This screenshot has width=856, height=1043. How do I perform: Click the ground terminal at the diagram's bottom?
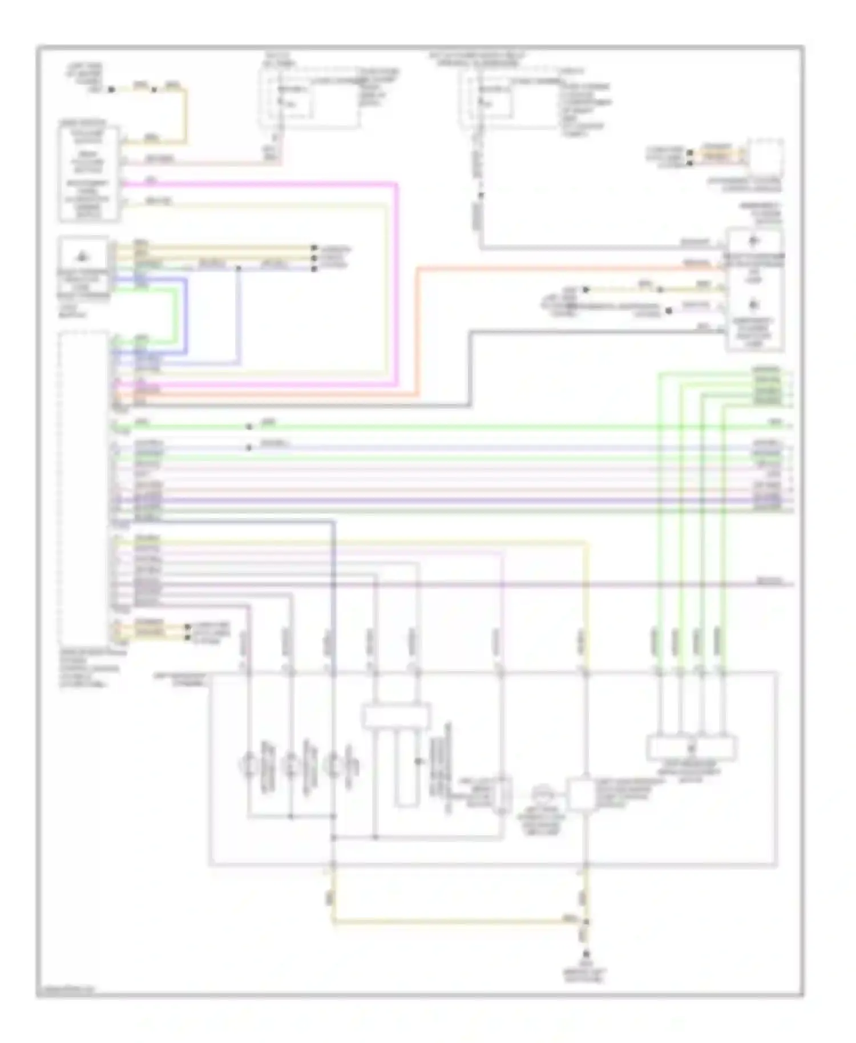586,954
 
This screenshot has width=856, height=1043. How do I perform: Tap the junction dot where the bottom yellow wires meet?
586,921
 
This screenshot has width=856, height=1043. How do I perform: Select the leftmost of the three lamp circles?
249,763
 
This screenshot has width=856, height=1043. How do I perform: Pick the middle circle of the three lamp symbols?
291,763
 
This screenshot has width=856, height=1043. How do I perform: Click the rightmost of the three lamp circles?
333,763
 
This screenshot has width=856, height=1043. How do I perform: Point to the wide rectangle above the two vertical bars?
397,715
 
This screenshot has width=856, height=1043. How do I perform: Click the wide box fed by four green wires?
692,747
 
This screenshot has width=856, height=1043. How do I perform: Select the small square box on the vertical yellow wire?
582,794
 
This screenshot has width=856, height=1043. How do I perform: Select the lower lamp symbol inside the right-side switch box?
754,304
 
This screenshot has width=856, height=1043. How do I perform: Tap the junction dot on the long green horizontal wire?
249,426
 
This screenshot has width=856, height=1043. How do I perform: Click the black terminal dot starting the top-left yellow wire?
112,90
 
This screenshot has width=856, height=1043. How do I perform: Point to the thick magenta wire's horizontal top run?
257,184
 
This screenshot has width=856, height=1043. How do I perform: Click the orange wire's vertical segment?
418,331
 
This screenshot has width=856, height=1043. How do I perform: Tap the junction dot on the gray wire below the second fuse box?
481,195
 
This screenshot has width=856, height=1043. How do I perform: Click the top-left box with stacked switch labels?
89,173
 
